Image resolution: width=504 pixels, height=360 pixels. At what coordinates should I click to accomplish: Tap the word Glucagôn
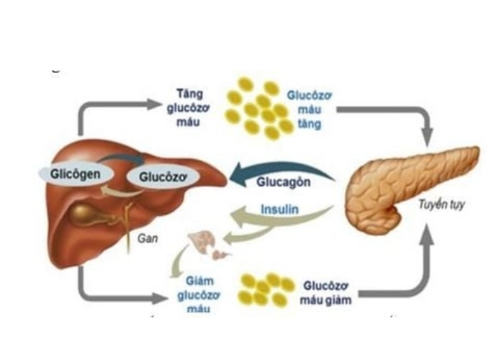(283, 181)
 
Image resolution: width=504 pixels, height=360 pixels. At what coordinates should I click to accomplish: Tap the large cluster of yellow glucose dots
(259, 108)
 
